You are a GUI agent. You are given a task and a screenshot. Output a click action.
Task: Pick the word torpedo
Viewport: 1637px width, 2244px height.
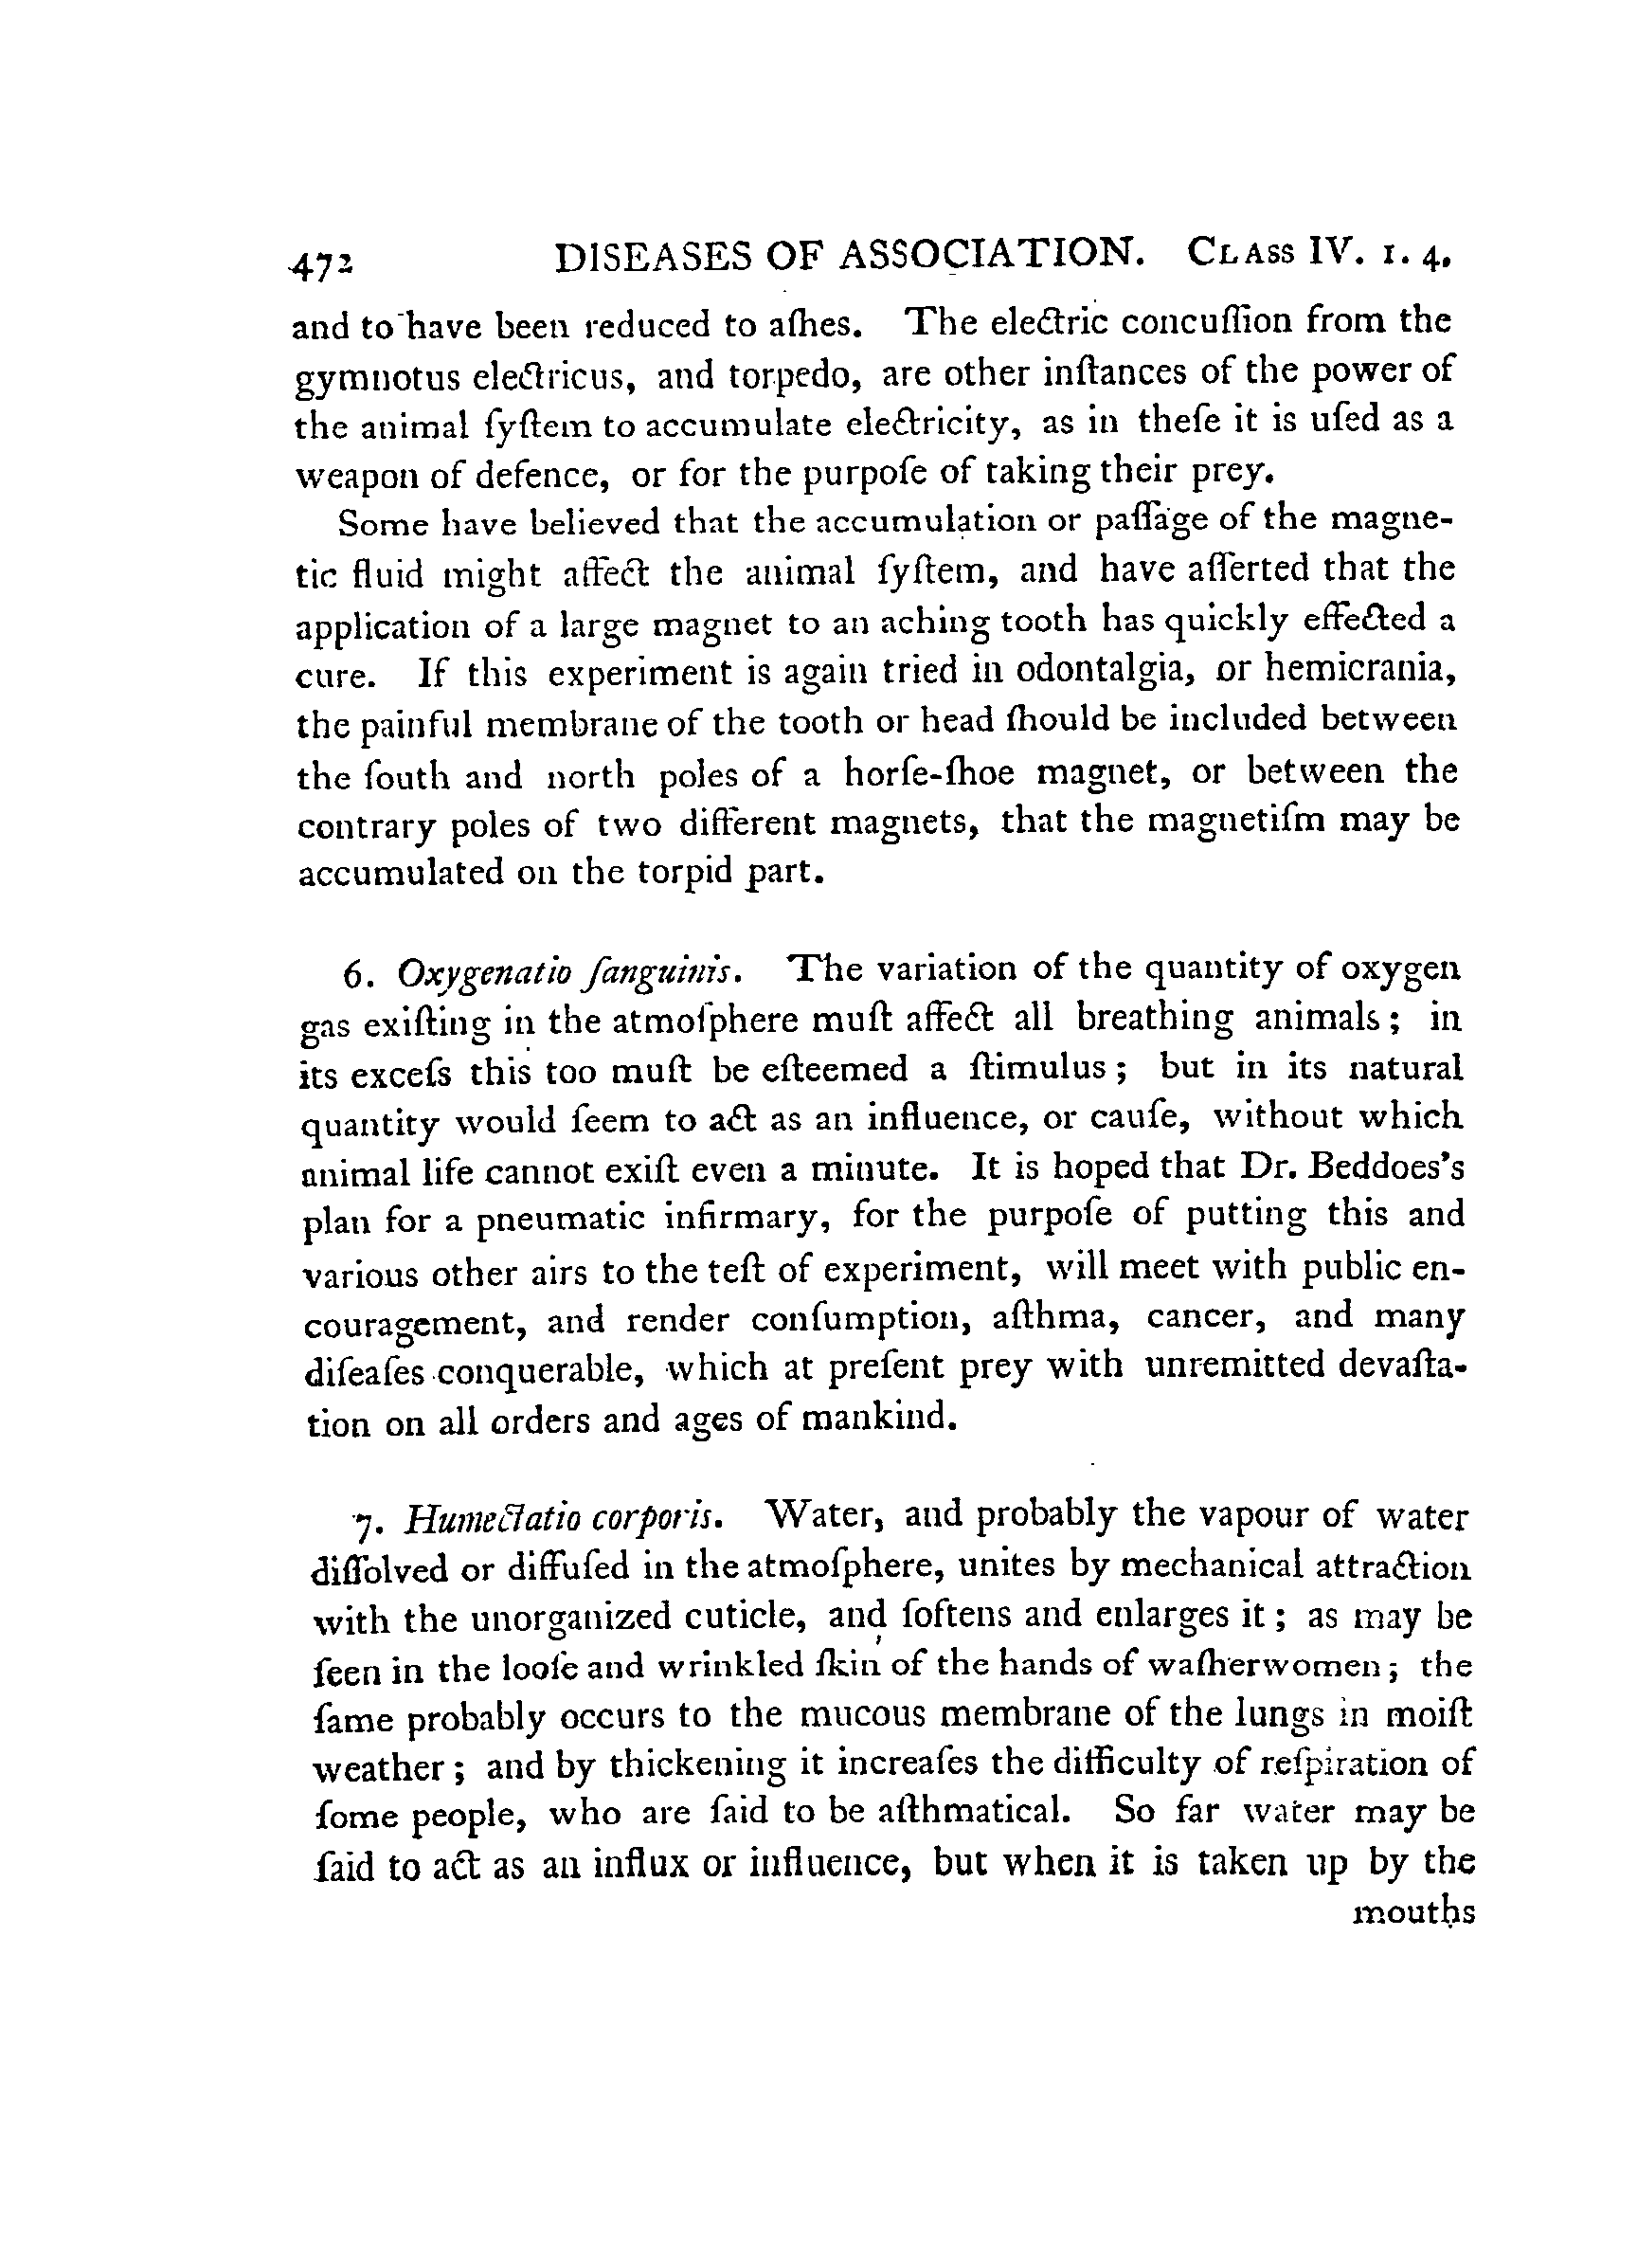(x=796, y=375)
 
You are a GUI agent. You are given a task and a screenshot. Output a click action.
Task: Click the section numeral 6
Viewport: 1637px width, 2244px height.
(x=352, y=975)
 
